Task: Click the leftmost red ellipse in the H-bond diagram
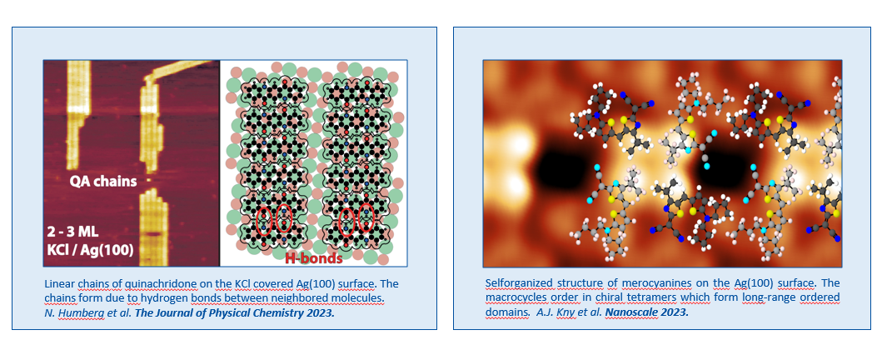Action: [x=264, y=221]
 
